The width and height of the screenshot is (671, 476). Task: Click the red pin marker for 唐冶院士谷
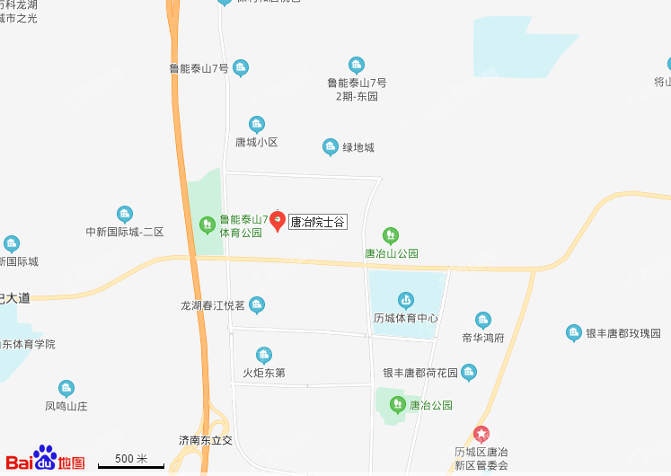click(x=278, y=220)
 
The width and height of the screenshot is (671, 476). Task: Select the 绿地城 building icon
click(x=331, y=146)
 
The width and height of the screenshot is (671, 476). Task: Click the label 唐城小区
click(x=257, y=142)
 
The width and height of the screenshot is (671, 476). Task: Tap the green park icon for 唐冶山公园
click(x=391, y=235)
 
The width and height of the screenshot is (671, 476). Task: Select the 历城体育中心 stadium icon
click(x=406, y=299)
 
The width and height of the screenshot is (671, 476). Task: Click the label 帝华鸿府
click(x=483, y=338)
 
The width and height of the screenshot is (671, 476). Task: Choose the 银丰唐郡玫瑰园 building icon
click(x=573, y=333)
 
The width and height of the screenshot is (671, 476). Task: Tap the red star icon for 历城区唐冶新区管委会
click(x=481, y=434)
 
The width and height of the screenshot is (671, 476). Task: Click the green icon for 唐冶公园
click(x=398, y=404)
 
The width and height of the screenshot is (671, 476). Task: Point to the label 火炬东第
click(x=264, y=373)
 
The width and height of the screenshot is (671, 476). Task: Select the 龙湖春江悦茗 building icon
click(x=257, y=304)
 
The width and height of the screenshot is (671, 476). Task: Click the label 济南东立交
click(x=206, y=441)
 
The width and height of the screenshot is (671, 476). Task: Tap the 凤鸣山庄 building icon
click(x=66, y=388)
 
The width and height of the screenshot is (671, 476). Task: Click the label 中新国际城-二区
click(x=125, y=232)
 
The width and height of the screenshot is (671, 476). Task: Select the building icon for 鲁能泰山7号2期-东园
click(x=357, y=65)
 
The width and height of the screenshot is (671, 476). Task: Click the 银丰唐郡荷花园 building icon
click(x=469, y=372)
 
